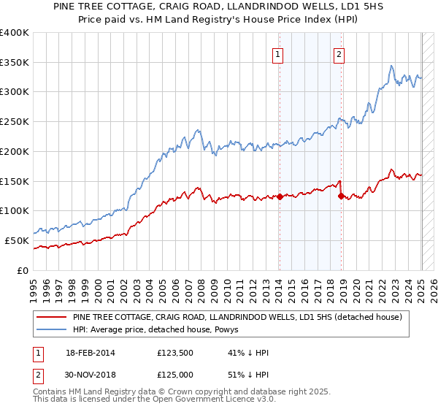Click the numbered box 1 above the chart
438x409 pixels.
[x=279, y=53]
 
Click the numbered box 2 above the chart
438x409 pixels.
[x=340, y=53]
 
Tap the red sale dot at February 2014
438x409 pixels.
[x=280, y=196]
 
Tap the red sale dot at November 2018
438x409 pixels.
[x=341, y=195]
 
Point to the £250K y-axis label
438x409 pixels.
[x=15, y=121]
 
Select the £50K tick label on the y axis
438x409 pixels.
[x=17, y=240]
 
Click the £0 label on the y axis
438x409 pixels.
[x=22, y=270]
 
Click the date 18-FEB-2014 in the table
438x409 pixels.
[x=93, y=353]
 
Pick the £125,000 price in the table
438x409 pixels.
[x=174, y=375]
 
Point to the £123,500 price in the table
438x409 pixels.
[x=174, y=353]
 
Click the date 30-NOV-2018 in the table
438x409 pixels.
[x=93, y=375]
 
